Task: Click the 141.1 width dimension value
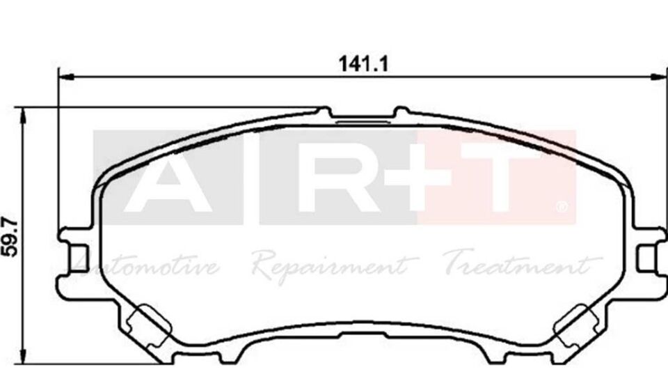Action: [363, 63]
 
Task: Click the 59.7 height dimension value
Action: [10, 237]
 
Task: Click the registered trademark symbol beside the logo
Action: [562, 207]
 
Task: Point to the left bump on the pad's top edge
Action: [324, 111]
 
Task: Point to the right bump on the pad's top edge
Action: [401, 111]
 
